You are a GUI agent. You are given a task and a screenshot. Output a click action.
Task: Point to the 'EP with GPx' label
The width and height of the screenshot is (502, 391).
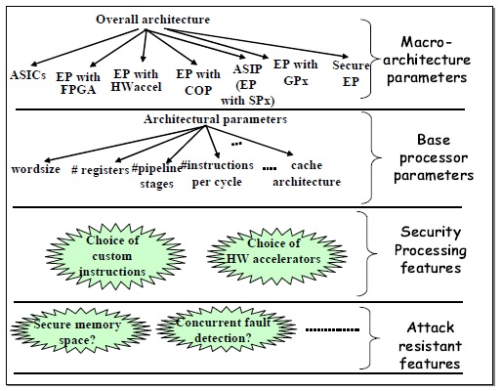coord(301,71)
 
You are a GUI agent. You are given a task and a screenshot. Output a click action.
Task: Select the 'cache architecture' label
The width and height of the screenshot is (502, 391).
coord(308,175)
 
